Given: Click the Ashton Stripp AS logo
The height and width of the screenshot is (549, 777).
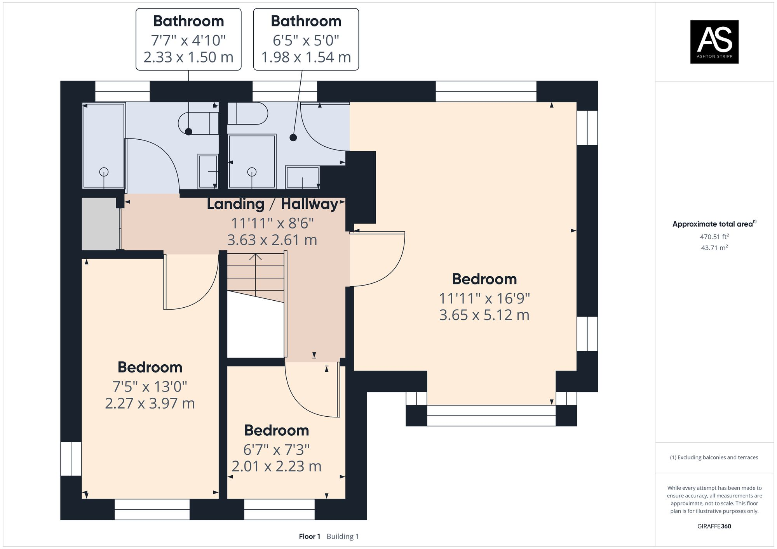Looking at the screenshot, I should point(714,42).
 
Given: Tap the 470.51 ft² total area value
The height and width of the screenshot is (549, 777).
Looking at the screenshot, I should point(714,237).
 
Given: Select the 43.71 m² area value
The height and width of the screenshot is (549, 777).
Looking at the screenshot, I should point(714,248).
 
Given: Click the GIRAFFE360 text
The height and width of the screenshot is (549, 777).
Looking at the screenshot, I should point(714,526).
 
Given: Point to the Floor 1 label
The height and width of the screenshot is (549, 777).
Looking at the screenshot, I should point(309,537).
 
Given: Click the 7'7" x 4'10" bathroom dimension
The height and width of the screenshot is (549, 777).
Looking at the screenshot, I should point(188,40).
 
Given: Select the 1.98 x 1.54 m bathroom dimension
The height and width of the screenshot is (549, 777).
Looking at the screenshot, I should point(306,57).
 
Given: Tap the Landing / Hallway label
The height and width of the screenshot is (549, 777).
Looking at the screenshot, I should point(272,204).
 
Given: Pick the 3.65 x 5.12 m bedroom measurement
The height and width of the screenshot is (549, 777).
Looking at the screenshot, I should point(484,315).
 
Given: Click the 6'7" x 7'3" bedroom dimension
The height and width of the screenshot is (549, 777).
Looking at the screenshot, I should point(276,450).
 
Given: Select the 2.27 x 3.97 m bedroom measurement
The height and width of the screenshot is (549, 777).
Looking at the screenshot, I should point(150,404).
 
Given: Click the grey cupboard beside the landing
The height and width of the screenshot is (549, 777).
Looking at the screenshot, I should point(100,223).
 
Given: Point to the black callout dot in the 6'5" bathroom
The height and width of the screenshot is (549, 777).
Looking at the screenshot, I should point(293,137).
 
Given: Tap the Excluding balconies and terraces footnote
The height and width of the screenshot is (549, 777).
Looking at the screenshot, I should point(714,457).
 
